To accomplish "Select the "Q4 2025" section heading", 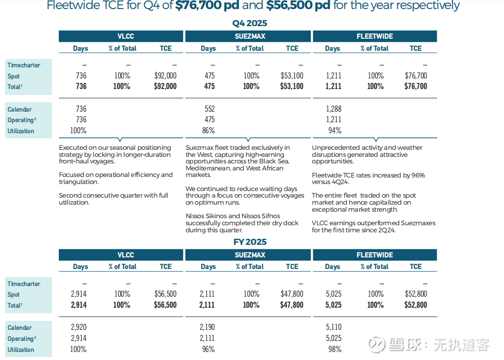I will tap(249, 23).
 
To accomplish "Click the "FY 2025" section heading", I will tap(250, 242).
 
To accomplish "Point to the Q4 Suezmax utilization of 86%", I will tap(208, 131).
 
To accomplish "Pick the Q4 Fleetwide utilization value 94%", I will tap(334, 131).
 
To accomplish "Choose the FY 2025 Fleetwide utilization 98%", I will tap(334, 349).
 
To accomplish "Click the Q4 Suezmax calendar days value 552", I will tap(209, 109).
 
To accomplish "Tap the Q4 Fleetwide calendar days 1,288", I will tap(333, 109).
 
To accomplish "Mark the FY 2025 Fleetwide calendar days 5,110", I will tap(333, 327).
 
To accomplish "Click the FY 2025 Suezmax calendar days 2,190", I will tap(207, 327).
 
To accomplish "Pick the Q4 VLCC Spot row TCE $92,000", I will tap(165, 76).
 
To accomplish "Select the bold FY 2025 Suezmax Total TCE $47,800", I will tap(292, 305).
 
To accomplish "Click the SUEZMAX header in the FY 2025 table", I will tap(249, 255).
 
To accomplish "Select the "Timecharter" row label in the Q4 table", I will tap(24, 65).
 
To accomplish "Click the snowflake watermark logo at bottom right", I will tap(377, 345).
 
